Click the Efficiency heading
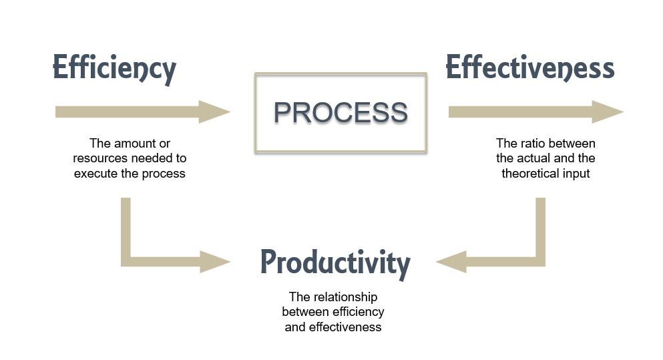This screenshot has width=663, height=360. pos(114,69)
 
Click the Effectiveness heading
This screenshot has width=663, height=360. pos(529,68)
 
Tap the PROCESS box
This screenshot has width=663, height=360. pos(341,112)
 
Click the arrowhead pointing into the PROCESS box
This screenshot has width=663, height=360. pos(215,112)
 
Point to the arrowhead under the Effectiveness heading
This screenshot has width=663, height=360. pos(608,112)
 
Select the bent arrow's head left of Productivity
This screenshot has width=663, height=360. pos(215,261)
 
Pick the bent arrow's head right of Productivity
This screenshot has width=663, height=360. pos(451,261)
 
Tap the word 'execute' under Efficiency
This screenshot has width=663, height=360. pos(93,174)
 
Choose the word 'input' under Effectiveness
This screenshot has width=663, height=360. pos(576,173)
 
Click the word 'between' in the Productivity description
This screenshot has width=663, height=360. pos(303,312)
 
